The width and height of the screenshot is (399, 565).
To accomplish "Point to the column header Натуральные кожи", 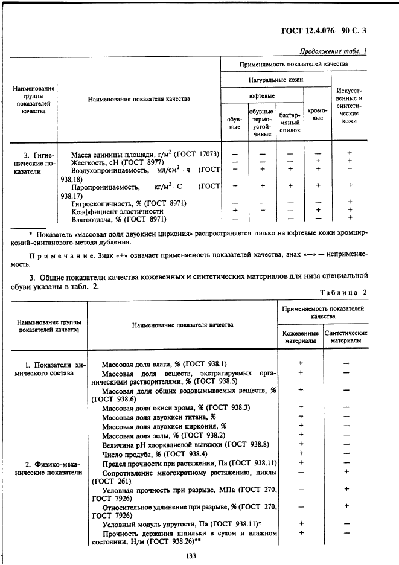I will (276, 80).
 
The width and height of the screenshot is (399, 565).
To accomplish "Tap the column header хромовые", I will (318, 114).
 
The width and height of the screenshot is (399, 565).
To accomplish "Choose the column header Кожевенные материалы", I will (301, 337).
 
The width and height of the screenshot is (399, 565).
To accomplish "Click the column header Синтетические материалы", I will (346, 337).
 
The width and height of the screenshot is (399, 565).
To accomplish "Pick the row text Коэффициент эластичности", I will (117, 211).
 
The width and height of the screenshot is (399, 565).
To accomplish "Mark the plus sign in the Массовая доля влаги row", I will (301, 363).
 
